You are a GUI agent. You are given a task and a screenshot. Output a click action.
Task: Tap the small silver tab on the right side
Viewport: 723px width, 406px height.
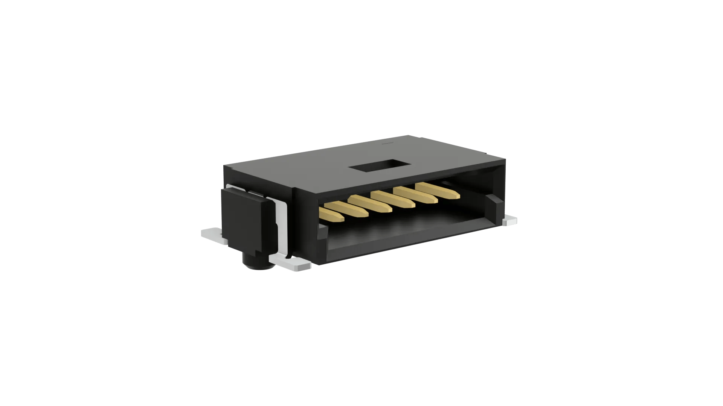coord(510,221)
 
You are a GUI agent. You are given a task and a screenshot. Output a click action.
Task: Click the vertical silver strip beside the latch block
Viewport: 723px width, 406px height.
coord(280,229)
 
